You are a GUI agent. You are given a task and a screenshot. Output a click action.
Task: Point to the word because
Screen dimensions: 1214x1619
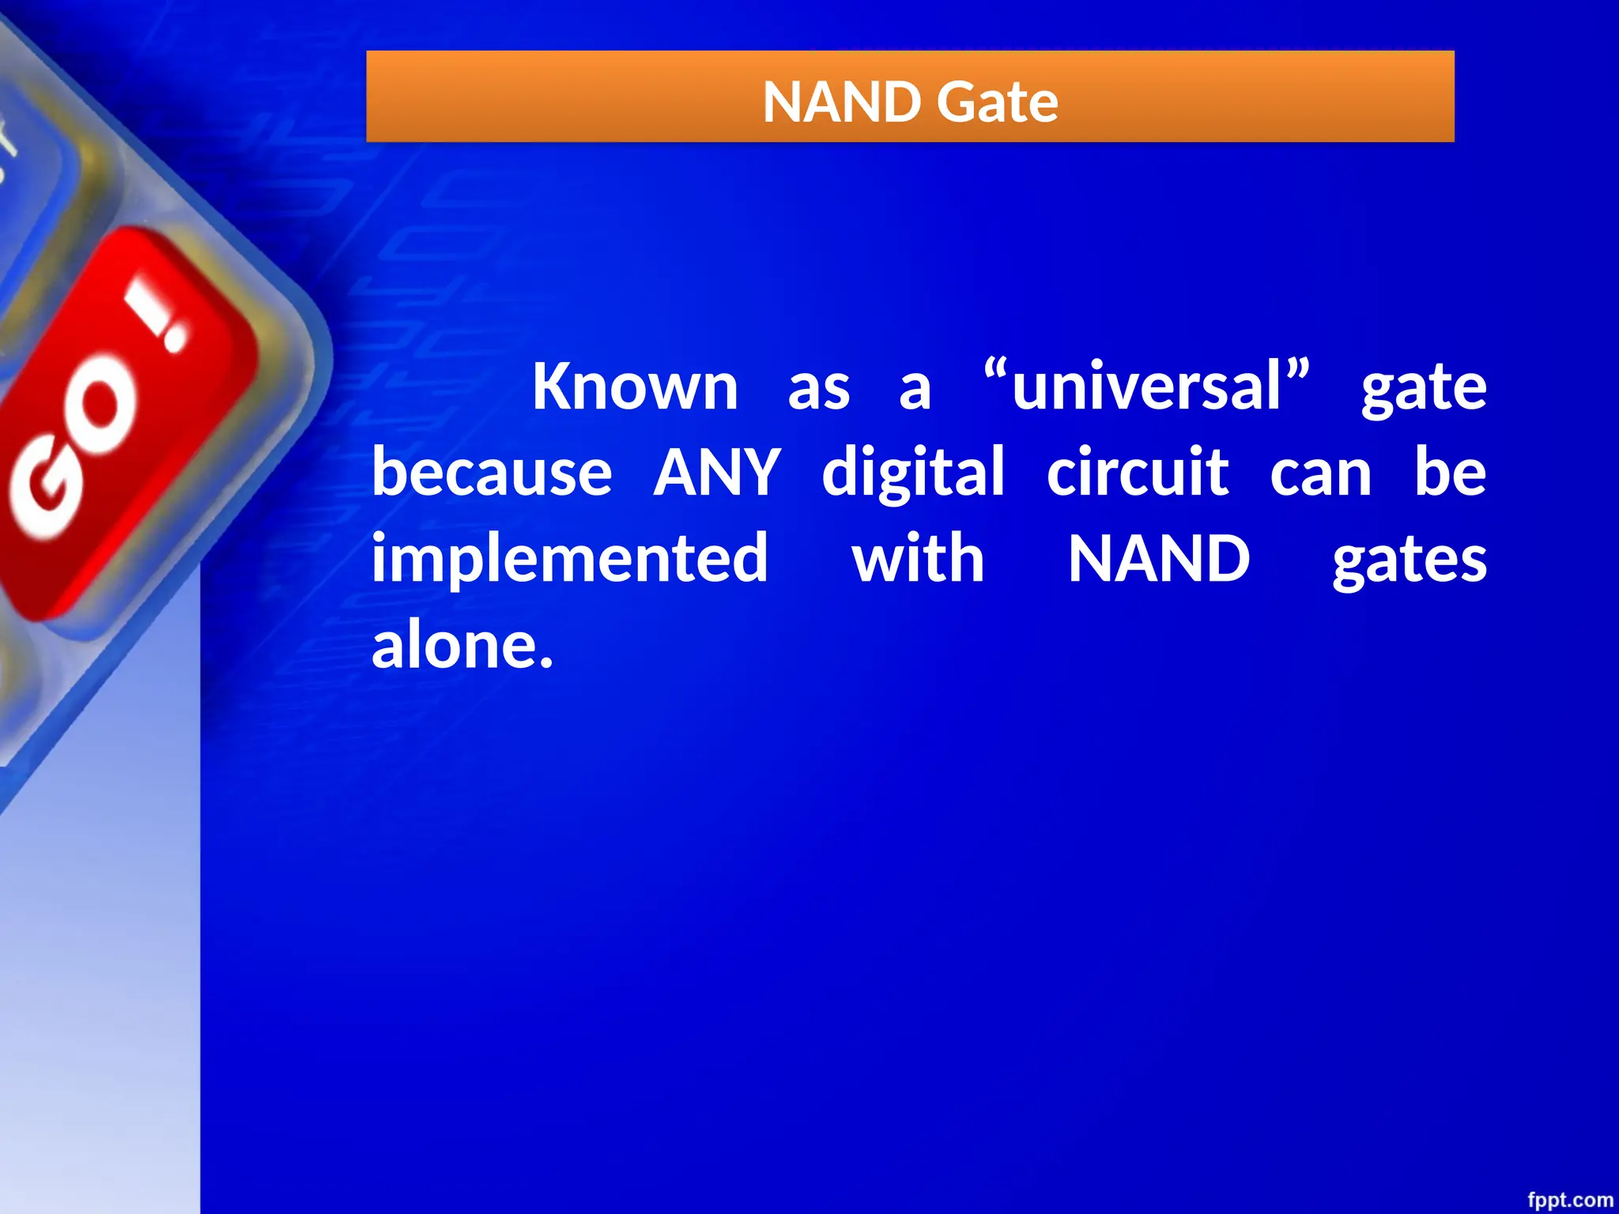click(x=492, y=472)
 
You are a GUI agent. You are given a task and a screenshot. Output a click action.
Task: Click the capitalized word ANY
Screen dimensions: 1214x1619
click(x=717, y=472)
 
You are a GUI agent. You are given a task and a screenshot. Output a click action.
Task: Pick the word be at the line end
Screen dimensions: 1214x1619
click(x=1450, y=472)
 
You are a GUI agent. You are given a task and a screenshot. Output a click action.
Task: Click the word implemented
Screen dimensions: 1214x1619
click(x=569, y=560)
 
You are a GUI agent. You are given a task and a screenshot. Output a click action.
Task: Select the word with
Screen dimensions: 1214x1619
click(x=918, y=558)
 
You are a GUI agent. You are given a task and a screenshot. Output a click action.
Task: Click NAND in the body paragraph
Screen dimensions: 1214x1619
click(x=1159, y=558)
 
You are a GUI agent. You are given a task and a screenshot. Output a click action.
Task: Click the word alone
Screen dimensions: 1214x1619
click(x=462, y=645)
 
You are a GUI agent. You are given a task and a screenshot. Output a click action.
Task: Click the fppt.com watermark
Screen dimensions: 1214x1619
click(x=1569, y=1200)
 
